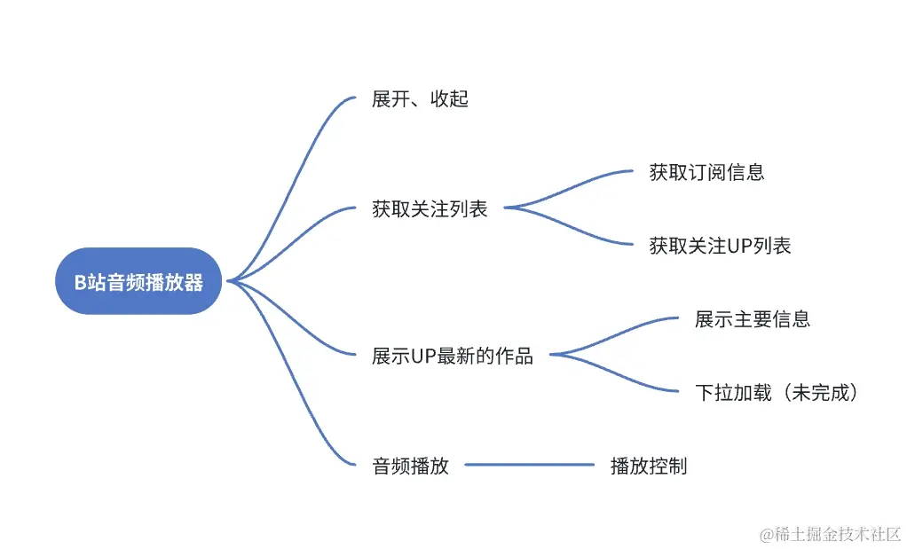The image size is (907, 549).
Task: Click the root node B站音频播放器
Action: (138, 281)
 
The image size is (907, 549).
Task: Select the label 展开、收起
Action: (420, 99)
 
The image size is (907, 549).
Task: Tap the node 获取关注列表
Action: (430, 210)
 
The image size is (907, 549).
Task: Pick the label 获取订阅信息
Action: (706, 172)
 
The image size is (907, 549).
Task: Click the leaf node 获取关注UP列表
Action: (720, 246)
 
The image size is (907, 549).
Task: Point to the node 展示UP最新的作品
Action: (453, 357)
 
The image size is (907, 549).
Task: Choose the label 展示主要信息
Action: (753, 319)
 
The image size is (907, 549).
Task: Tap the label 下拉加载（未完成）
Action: (777, 392)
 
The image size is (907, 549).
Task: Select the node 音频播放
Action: (410, 466)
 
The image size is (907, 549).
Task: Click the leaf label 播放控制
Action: (649, 466)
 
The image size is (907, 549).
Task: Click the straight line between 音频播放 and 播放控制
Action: (530, 465)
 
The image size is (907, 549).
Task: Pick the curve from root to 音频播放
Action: (293, 390)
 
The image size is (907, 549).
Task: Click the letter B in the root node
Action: (79, 282)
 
